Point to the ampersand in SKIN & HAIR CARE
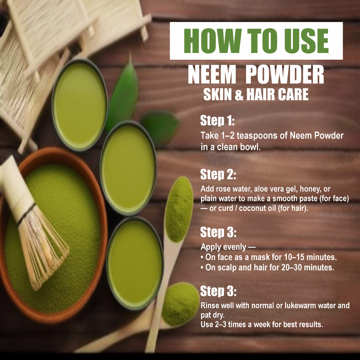click(x=239, y=95)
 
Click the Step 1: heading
click(x=217, y=121)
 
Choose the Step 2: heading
click(x=218, y=174)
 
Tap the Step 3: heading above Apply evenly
click(x=218, y=232)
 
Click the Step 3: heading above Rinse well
click(x=218, y=291)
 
